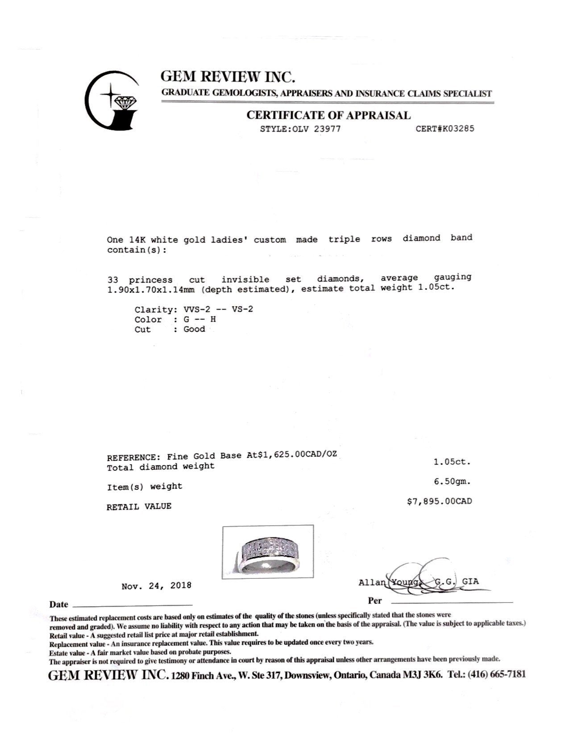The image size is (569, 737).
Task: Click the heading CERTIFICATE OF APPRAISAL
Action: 328,115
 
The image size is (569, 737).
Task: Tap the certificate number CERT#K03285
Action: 444,129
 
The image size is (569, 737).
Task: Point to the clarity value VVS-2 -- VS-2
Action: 218,309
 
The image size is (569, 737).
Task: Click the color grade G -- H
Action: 200,319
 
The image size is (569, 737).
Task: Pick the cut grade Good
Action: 194,329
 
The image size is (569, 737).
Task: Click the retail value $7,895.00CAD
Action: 439,502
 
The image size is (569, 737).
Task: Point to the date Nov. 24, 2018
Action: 156,585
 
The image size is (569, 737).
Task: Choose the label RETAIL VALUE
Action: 139,507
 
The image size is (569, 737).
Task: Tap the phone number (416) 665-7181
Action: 496,675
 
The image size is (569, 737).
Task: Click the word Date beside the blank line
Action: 59,605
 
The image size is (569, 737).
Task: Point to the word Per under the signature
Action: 375,601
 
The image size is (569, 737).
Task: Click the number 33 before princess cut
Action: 112,280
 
